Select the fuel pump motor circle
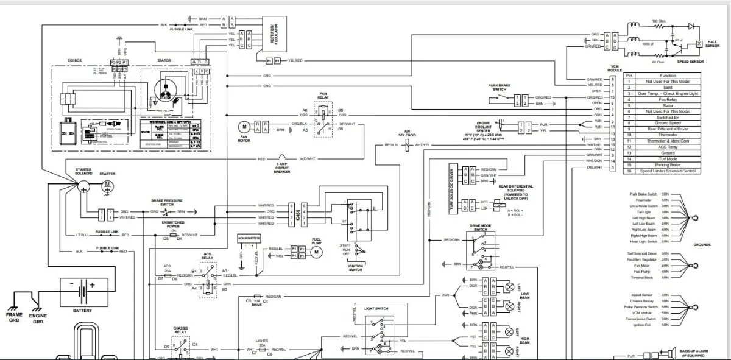click(x=316, y=252)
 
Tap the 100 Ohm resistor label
click(x=659, y=21)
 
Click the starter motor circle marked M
click(x=107, y=185)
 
